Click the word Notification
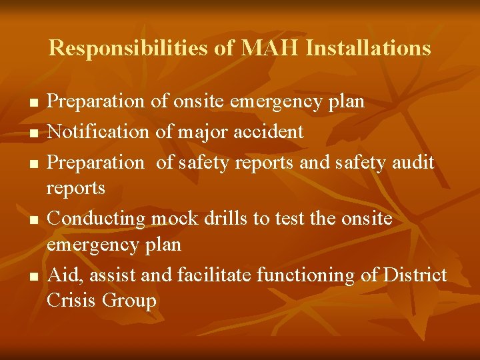(99, 131)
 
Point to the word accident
(269, 131)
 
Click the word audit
(412, 161)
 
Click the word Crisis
(72, 300)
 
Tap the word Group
(129, 301)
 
